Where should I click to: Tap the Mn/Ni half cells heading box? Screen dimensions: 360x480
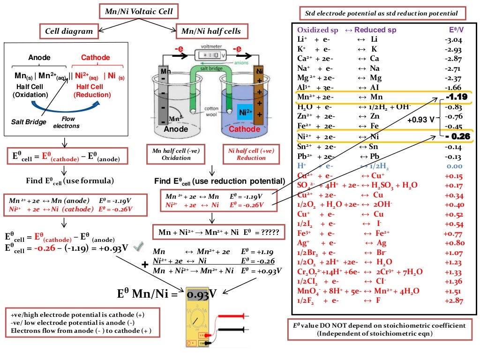(x=211, y=31)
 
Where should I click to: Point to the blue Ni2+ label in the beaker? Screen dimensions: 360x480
(x=246, y=112)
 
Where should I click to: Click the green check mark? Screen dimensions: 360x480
(x=137, y=245)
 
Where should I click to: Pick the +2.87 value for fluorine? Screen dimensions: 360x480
(x=453, y=300)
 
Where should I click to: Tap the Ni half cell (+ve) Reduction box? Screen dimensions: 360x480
(x=251, y=154)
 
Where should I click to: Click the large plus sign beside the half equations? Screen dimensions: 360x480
(x=145, y=265)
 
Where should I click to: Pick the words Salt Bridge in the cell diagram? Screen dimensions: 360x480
(x=29, y=122)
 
